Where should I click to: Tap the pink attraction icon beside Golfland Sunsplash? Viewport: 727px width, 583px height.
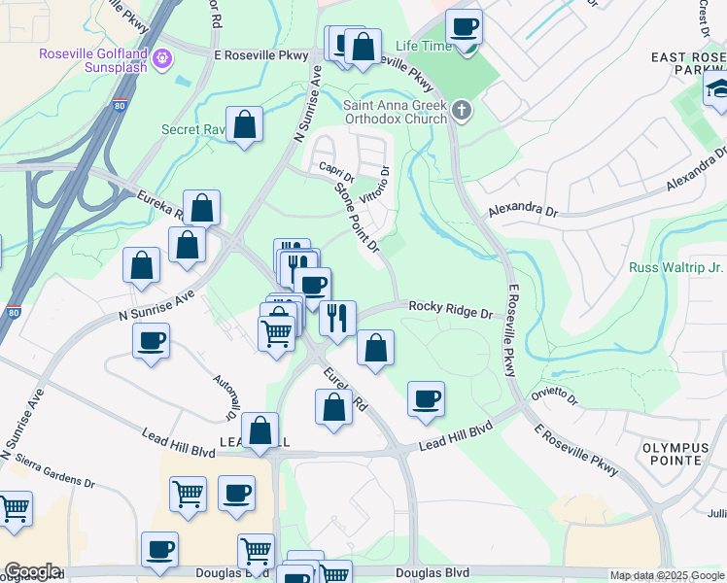click(161, 59)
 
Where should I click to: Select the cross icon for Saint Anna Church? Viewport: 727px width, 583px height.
click(462, 111)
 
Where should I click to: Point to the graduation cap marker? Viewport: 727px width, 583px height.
click(718, 91)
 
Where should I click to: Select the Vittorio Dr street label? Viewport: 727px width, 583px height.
click(374, 185)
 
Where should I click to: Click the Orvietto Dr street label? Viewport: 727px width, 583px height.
click(554, 398)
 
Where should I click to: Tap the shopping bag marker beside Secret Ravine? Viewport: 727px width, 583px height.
click(245, 125)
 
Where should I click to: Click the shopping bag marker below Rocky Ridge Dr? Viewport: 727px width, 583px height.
click(375, 348)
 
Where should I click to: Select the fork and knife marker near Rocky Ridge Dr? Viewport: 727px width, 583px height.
click(337, 318)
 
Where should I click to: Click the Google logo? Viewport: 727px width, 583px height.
click(32, 571)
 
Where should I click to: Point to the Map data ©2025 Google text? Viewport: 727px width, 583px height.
click(667, 575)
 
